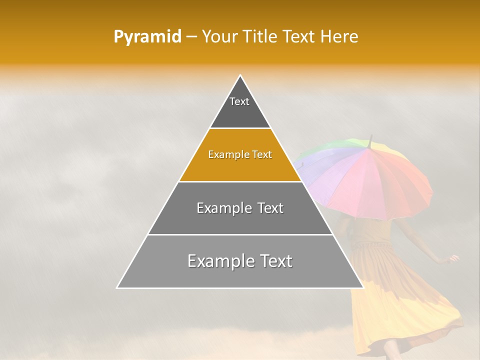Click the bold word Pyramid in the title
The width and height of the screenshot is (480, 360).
[x=147, y=37]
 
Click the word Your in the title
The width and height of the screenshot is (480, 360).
[x=220, y=37]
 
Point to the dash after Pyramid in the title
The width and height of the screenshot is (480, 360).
[x=191, y=37]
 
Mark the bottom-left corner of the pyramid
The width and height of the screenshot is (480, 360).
[x=117, y=288]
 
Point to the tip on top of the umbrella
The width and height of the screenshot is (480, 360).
[x=370, y=136]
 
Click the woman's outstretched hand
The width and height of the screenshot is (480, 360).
[x=454, y=258]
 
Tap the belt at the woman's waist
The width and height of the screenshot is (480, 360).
[x=372, y=245]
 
